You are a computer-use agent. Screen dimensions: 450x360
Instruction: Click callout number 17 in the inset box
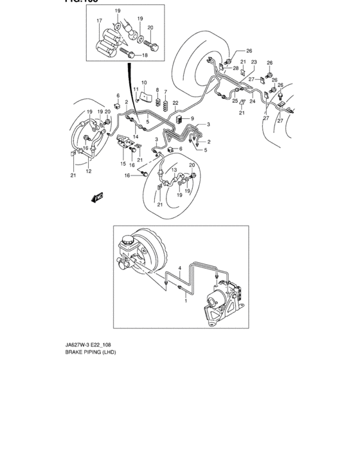[100, 21]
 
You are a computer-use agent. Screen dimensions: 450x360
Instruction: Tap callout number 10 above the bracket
[144, 82]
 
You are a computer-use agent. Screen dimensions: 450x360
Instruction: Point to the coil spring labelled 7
[165, 105]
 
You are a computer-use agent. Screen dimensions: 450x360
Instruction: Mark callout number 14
[136, 136]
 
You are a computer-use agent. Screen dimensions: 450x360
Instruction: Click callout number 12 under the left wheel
[89, 171]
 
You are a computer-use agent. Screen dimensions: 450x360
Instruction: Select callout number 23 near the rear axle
[254, 62]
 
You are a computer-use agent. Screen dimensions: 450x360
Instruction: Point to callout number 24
[253, 102]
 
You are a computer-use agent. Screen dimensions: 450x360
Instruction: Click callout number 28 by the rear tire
[235, 67]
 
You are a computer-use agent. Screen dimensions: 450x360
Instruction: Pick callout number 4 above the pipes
[180, 267]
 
